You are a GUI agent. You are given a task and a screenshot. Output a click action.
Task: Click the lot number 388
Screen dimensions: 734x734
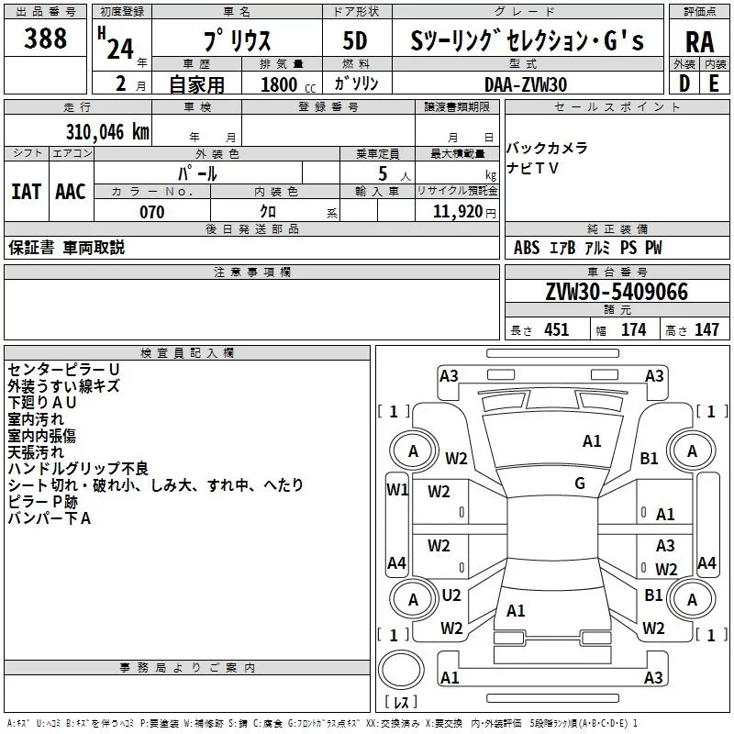[46, 39]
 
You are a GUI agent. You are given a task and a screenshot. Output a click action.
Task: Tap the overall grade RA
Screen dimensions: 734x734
[699, 42]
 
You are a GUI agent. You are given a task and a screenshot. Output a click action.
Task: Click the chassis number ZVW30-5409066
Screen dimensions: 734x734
[617, 292]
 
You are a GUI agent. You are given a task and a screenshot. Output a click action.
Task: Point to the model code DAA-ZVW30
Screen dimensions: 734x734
[526, 83]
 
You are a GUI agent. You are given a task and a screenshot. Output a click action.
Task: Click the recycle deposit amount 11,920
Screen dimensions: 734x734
[458, 212]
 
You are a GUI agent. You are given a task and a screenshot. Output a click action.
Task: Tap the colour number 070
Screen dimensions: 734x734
[152, 212]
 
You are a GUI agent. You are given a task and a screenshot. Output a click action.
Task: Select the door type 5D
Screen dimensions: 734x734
[354, 41]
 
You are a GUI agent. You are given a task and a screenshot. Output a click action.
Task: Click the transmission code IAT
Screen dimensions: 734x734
[26, 192]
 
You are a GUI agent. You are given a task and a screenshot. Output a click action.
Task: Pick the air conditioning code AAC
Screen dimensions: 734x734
[71, 192]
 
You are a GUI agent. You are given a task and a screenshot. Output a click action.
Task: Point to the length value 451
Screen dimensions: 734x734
[556, 330]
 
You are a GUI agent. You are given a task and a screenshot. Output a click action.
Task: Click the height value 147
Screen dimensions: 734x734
[706, 330]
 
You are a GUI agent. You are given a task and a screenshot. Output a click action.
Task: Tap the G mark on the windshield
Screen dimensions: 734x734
[580, 483]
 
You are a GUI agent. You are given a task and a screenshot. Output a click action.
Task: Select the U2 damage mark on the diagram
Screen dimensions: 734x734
[451, 595]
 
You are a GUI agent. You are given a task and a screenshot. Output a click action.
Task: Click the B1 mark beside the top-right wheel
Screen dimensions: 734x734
[650, 458]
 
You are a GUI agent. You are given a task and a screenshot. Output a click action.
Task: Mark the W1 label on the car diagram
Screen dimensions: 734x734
[396, 489]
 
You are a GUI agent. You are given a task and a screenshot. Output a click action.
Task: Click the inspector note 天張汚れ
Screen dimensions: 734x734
[36, 451]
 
